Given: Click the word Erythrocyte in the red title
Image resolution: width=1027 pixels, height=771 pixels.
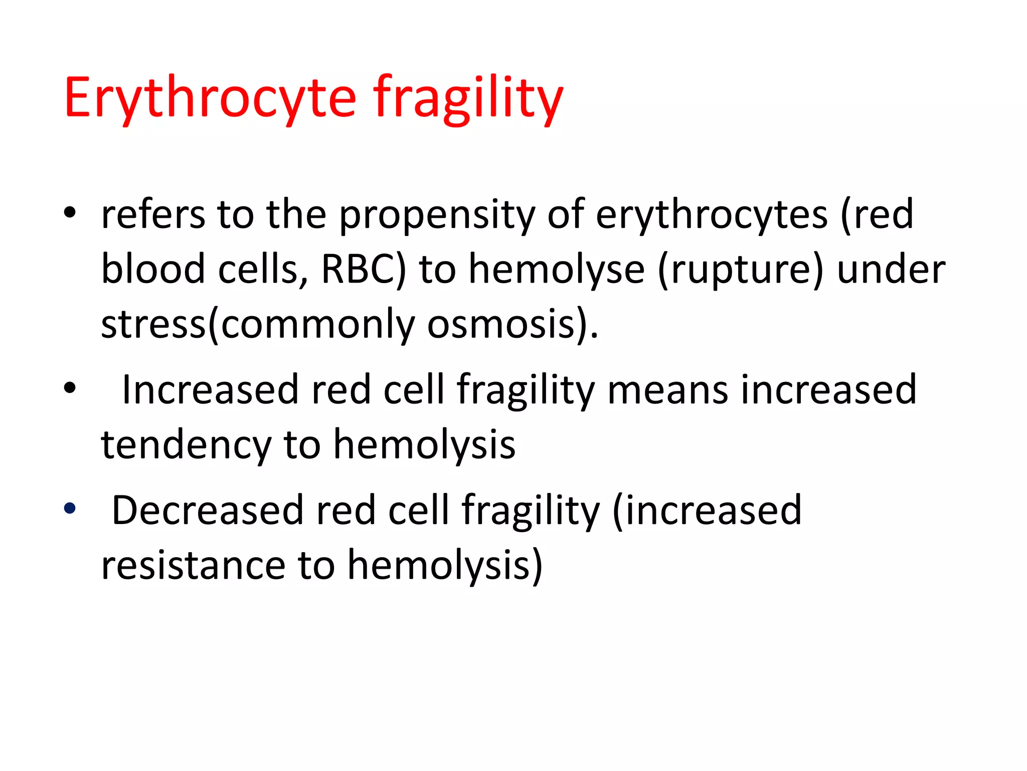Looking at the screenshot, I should tap(210, 98).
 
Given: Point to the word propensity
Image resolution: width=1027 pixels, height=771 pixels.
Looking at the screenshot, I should tap(437, 216).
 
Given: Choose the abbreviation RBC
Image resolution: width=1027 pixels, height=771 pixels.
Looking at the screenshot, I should tap(358, 270).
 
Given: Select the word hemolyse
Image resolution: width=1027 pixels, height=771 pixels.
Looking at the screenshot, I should tap(557, 270).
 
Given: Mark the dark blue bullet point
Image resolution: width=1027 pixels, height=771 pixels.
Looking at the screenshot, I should tap(70, 508).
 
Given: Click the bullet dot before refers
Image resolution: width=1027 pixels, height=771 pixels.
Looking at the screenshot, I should tap(70, 212).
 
